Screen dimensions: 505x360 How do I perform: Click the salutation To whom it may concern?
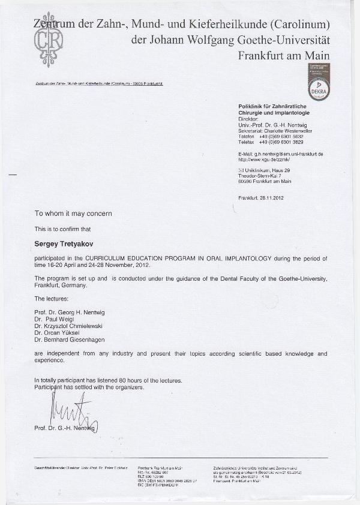click(x=73, y=214)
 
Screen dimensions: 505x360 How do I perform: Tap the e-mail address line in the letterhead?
click(x=280, y=154)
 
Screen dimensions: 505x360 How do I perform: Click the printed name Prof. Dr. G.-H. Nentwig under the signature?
click(x=64, y=428)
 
